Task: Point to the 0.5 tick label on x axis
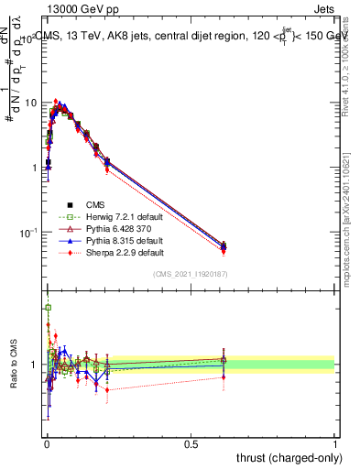click(191, 443)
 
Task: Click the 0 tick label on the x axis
click(47, 443)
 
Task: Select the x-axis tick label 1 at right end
click(334, 443)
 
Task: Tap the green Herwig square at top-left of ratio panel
click(48, 308)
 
